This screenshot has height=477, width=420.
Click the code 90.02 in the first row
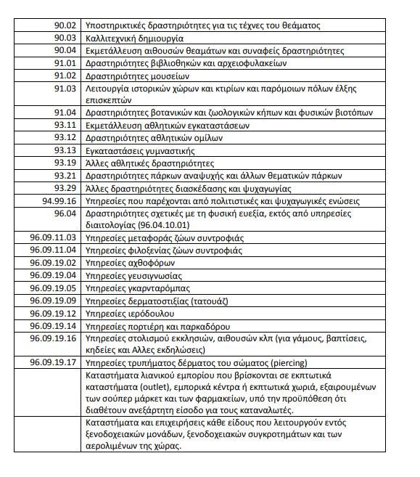[65, 25]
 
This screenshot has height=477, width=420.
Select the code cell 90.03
[65, 38]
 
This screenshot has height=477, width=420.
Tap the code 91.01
[65, 63]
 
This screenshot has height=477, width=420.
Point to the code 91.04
[65, 113]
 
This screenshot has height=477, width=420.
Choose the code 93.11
[65, 125]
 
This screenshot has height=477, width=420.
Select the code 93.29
[65, 187]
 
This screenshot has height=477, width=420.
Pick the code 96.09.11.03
[53, 237]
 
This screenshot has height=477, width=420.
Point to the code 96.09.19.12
[53, 312]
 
